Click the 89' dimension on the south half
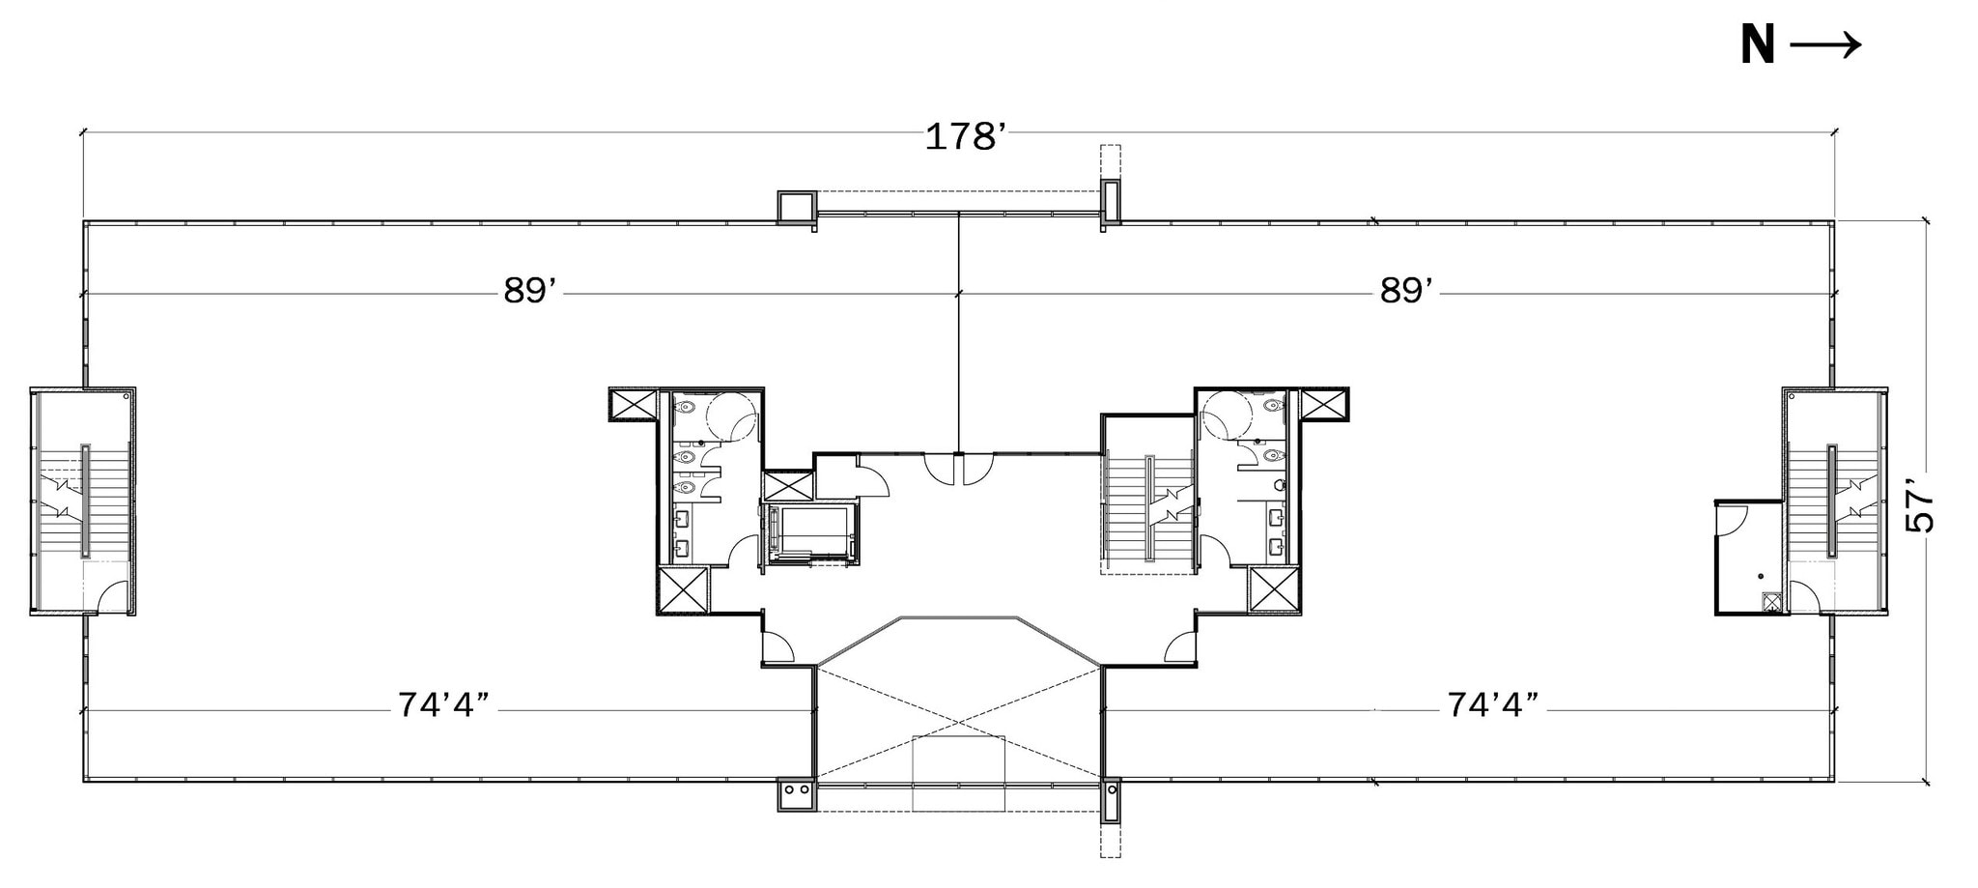pos(530,291)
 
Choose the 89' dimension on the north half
pos(1405,291)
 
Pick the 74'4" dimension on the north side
pos(1493,705)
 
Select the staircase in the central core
pos(1149,508)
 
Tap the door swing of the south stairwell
pos(112,595)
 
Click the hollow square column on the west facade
pos(797,206)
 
